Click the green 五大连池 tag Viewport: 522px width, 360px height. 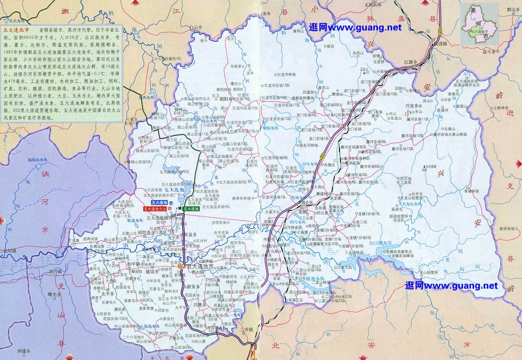click(x=191, y=208)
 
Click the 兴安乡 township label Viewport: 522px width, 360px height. click(x=412, y=106)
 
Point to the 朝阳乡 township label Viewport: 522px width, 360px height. click(x=226, y=98)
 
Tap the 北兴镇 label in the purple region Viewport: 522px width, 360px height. click(x=55, y=271)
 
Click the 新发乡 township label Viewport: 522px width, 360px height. click(x=193, y=286)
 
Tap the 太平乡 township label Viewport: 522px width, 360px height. click(x=107, y=294)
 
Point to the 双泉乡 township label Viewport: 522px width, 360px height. click(x=190, y=235)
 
